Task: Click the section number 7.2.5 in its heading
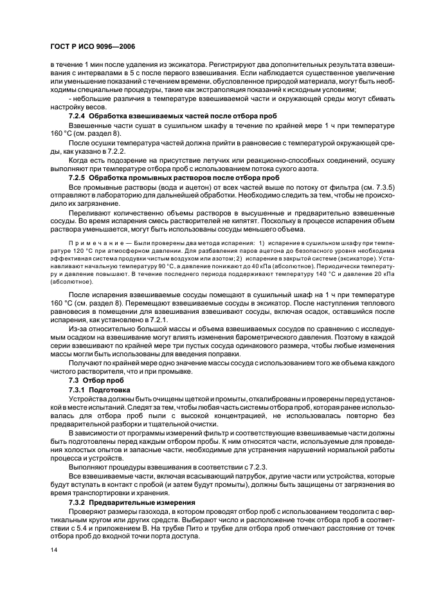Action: coord(78,176)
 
